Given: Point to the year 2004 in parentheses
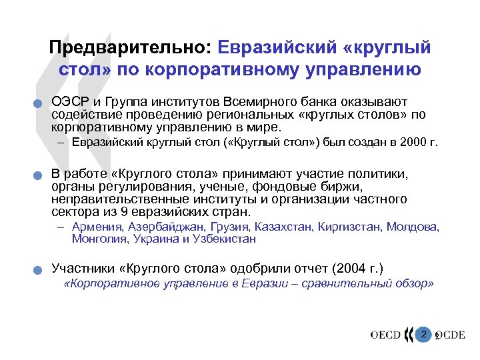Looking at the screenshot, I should [345, 268].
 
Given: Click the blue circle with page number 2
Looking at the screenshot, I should [423, 333].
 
